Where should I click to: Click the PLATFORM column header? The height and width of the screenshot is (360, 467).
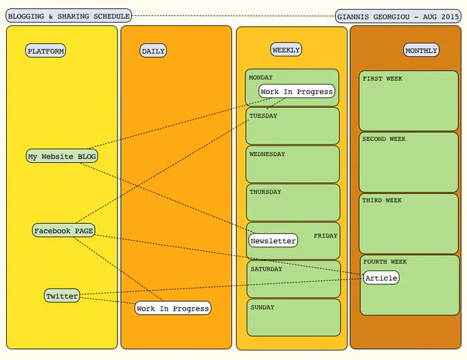pyautogui.click(x=45, y=51)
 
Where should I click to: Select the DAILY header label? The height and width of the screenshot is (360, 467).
pyautogui.click(x=153, y=51)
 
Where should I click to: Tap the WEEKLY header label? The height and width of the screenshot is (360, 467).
pyautogui.click(x=286, y=49)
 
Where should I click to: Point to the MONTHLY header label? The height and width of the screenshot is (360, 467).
pyautogui.click(x=421, y=50)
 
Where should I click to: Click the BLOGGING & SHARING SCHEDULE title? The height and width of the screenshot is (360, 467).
pyautogui.click(x=69, y=16)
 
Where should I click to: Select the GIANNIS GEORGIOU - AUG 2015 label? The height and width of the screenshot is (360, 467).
pyautogui.click(x=398, y=16)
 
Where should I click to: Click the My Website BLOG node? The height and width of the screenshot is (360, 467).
pyautogui.click(x=62, y=156)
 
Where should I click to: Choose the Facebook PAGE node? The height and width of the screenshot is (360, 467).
pyautogui.click(x=64, y=230)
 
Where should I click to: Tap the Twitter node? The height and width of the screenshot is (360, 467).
pyautogui.click(x=62, y=295)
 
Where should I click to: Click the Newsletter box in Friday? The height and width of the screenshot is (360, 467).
pyautogui.click(x=273, y=240)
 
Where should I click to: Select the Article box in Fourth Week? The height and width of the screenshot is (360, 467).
pyautogui.click(x=381, y=278)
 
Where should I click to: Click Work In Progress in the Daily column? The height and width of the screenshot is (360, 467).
pyautogui.click(x=173, y=308)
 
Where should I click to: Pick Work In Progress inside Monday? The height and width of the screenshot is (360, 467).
pyautogui.click(x=297, y=91)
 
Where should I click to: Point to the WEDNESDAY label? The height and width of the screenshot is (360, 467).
pyautogui.click(x=267, y=154)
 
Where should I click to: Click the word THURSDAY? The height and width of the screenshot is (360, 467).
pyautogui.click(x=265, y=192)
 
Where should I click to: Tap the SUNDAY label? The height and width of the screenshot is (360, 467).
pyautogui.click(x=262, y=307)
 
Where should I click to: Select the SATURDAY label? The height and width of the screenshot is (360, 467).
pyautogui.click(x=266, y=269)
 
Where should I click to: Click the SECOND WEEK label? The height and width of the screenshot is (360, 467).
pyautogui.click(x=384, y=139)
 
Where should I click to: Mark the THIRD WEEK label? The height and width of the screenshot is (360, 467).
pyautogui.click(x=382, y=200)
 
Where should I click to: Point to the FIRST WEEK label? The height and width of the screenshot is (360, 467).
pyautogui.click(x=383, y=79)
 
